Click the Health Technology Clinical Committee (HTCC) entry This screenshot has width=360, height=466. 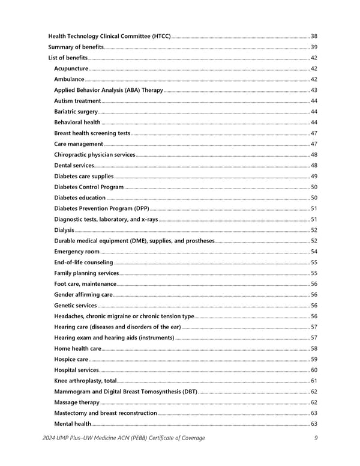[x=109, y=36]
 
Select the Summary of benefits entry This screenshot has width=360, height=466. [x=76, y=47]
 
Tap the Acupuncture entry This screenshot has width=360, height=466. [x=71, y=68]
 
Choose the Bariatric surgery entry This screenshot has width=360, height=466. [x=76, y=112]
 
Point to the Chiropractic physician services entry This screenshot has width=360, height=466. [x=94, y=154]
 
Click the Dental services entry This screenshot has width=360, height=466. [x=74, y=165]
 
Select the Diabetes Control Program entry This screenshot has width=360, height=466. [x=89, y=187]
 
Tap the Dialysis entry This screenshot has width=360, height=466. [x=64, y=230]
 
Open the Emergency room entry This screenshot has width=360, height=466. [x=77, y=252]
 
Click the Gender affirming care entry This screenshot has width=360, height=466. [x=83, y=295]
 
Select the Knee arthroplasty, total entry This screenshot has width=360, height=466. [x=85, y=381]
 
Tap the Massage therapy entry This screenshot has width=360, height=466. [x=77, y=402]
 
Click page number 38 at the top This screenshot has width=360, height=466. [x=314, y=36]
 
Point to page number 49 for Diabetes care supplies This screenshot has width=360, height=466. [x=314, y=176]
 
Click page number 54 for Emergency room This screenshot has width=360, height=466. [x=314, y=252]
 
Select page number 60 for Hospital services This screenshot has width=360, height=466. [x=314, y=370]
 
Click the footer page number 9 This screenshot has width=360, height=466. [x=316, y=438]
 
